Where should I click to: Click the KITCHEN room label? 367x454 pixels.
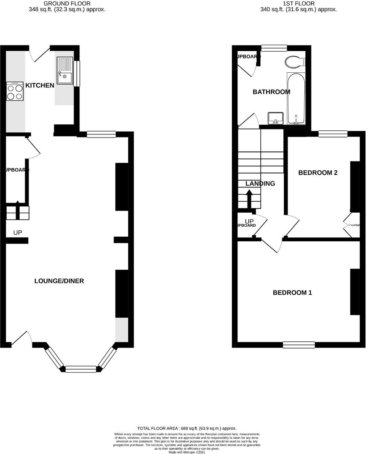[40, 85]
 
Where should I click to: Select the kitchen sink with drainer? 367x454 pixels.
[65, 71]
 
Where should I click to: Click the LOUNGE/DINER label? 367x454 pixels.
[59, 281]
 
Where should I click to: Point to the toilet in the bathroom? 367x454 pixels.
[294, 62]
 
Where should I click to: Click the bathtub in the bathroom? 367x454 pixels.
[296, 99]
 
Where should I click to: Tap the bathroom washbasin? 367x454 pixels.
[276, 118]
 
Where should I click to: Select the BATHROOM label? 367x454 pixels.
[271, 92]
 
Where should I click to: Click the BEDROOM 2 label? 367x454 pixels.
[318, 173]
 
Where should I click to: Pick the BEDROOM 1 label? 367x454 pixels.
[292, 293]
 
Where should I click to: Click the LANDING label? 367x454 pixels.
[260, 184]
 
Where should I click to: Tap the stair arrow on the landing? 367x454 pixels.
[249, 198]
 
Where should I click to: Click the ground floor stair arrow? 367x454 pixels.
[18, 209]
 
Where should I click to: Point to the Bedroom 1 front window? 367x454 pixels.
[299, 345]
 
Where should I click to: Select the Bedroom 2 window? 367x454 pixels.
[333, 134]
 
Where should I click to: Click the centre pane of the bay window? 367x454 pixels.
[81, 369]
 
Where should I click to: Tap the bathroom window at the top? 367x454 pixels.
[274, 48]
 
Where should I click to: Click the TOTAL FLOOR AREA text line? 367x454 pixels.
[187, 428]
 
